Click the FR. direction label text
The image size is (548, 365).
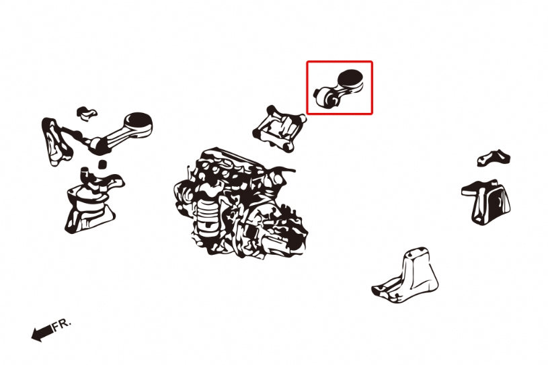[61, 325]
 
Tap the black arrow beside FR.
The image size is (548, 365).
[42, 332]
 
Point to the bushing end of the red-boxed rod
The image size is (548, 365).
[324, 99]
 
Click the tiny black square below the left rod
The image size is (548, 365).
[103, 163]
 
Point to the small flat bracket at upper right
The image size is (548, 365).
[494, 157]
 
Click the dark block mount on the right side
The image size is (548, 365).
[487, 200]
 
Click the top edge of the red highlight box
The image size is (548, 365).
[340, 62]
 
